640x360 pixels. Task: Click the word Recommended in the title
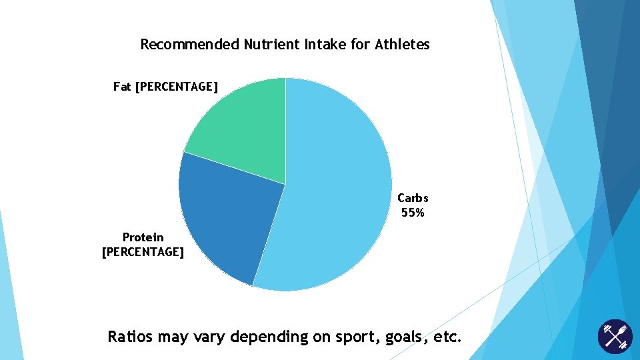click(189, 45)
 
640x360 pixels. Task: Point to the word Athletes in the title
click(402, 45)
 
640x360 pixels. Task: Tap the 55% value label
click(413, 213)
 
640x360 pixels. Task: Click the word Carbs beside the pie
click(413, 198)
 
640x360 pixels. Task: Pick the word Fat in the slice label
click(122, 87)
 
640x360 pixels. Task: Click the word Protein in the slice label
click(143, 237)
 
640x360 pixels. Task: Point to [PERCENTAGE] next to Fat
click(176, 87)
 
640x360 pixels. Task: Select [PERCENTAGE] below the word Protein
click(143, 252)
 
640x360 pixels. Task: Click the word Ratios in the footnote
click(131, 337)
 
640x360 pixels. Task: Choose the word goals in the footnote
click(403, 337)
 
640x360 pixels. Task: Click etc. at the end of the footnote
click(447, 337)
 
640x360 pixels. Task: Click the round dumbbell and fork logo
click(614, 337)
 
